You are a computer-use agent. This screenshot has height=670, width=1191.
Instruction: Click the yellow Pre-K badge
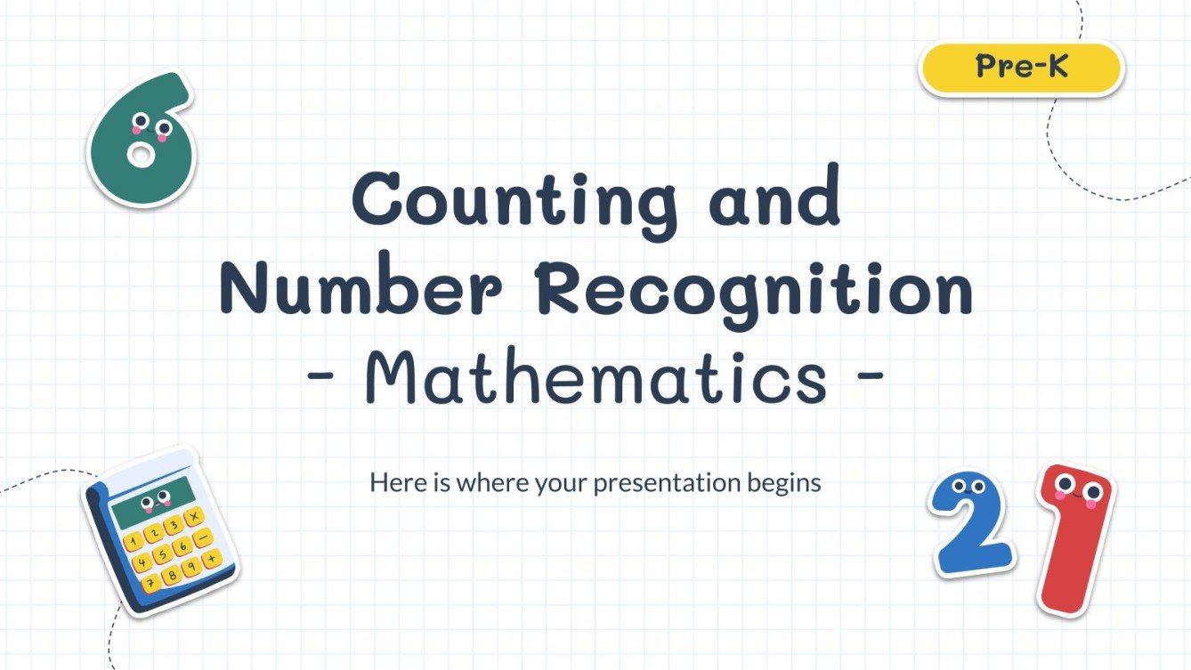[x=1021, y=68]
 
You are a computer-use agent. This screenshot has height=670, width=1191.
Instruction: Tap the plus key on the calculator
[x=211, y=559]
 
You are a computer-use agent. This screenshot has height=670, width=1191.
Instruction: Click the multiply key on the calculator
[x=193, y=517]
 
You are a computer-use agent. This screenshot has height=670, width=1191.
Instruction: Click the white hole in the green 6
[x=139, y=157]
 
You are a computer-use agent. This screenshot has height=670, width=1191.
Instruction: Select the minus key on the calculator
[x=202, y=537]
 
